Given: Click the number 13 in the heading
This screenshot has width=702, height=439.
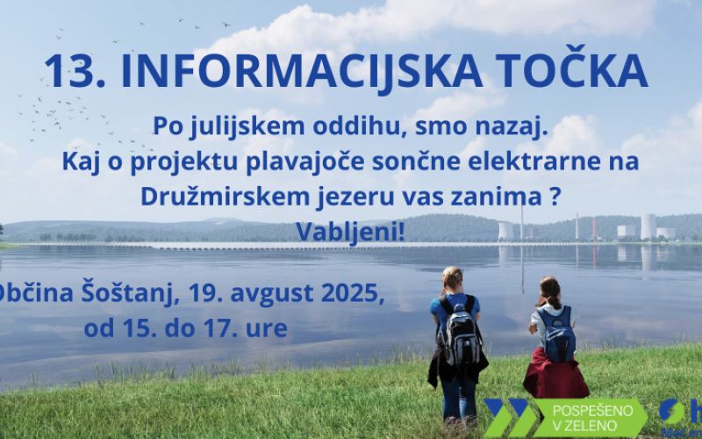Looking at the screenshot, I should [x=65, y=73].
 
